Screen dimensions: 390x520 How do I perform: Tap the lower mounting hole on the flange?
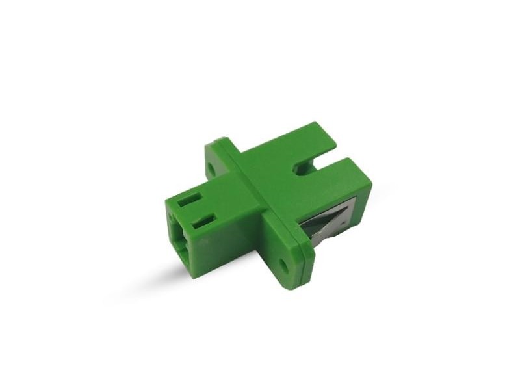(284, 265)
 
